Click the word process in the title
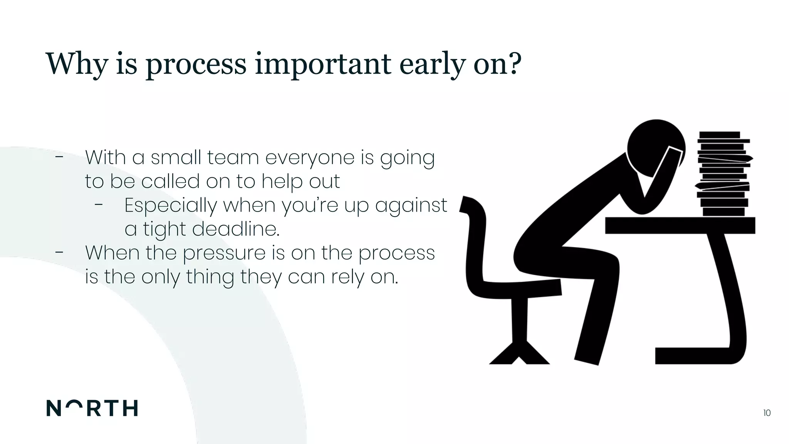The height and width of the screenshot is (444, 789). click(x=196, y=64)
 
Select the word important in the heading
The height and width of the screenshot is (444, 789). click(x=323, y=64)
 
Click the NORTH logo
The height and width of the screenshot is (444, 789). click(x=92, y=408)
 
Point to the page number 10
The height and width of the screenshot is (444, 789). click(x=766, y=413)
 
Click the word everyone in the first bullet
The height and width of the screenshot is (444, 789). click(x=310, y=158)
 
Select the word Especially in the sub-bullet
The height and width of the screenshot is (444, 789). click(x=171, y=205)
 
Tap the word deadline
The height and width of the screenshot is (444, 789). click(x=235, y=229)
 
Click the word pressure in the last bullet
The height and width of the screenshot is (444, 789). click(x=224, y=253)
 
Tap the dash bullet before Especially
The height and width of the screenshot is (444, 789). click(x=99, y=205)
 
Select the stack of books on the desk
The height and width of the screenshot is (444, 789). click(x=724, y=173)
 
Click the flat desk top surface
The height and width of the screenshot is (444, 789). click(x=680, y=225)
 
